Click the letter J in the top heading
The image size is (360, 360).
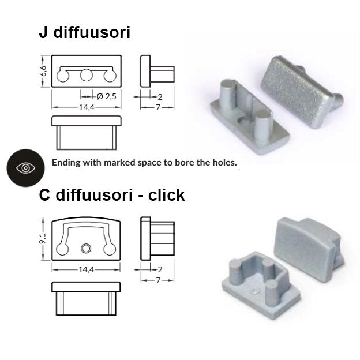click(x=43, y=32)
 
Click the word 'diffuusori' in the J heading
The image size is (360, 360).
click(x=92, y=32)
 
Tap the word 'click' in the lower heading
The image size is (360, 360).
click(x=167, y=195)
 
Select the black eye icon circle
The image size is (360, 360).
click(x=26, y=168)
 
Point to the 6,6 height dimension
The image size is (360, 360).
click(x=43, y=71)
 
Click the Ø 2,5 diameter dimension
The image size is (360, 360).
click(x=107, y=96)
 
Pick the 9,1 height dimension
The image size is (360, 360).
click(x=43, y=238)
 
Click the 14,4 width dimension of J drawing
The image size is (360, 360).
click(x=87, y=107)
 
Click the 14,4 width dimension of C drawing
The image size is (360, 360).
click(x=86, y=269)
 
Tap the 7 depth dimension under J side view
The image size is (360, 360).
click(x=157, y=107)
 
